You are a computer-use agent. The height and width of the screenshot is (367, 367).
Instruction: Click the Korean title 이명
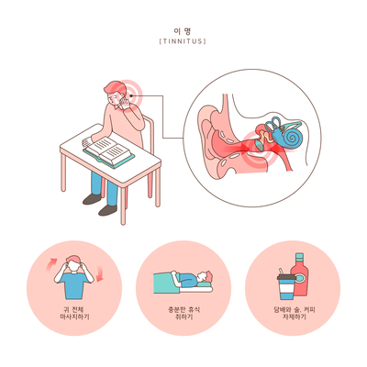[183, 31]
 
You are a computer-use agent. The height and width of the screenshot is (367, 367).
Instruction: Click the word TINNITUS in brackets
[183, 41]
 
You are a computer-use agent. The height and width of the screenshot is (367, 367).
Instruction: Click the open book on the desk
[108, 150]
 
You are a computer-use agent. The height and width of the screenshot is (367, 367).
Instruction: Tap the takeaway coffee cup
[285, 286]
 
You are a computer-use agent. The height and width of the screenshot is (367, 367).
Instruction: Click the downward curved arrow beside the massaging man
[99, 274]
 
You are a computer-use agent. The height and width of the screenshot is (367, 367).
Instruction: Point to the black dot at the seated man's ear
[131, 95]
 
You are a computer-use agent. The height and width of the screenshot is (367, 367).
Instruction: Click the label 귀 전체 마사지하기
[75, 313]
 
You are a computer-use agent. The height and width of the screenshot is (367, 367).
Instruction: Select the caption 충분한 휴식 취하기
[183, 313]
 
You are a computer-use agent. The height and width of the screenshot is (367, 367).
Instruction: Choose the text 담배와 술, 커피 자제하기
[295, 313]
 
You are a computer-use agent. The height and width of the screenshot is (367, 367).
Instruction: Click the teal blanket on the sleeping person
[166, 283]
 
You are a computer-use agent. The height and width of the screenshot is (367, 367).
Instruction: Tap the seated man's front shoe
[107, 210]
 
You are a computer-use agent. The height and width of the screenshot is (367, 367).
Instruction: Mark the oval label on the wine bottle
[300, 278]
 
